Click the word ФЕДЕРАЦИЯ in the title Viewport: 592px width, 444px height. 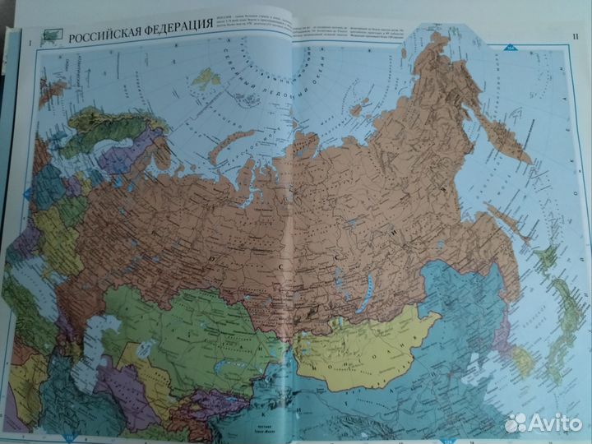(x=173, y=38)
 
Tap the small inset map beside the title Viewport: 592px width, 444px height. (x=53, y=36)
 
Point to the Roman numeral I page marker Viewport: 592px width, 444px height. (x=30, y=41)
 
